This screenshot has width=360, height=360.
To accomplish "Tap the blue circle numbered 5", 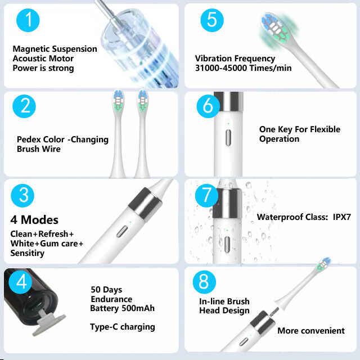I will click(211, 20).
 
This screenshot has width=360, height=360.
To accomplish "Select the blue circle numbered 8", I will click(204, 282).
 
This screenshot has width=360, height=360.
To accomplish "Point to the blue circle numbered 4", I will click(21, 282).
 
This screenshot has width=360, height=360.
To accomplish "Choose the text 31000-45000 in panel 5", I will click(221, 68).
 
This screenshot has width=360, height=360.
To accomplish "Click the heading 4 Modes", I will click(34, 220).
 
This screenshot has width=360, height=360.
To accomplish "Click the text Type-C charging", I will click(123, 327).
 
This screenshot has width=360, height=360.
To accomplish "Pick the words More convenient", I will click(311, 331).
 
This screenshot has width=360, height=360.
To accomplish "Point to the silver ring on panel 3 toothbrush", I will click(140, 204).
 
